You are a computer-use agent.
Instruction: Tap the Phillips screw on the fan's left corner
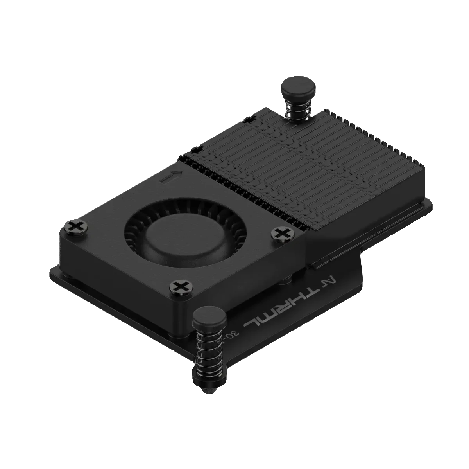[x=74, y=226]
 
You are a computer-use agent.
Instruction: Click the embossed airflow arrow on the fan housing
[x=171, y=177]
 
